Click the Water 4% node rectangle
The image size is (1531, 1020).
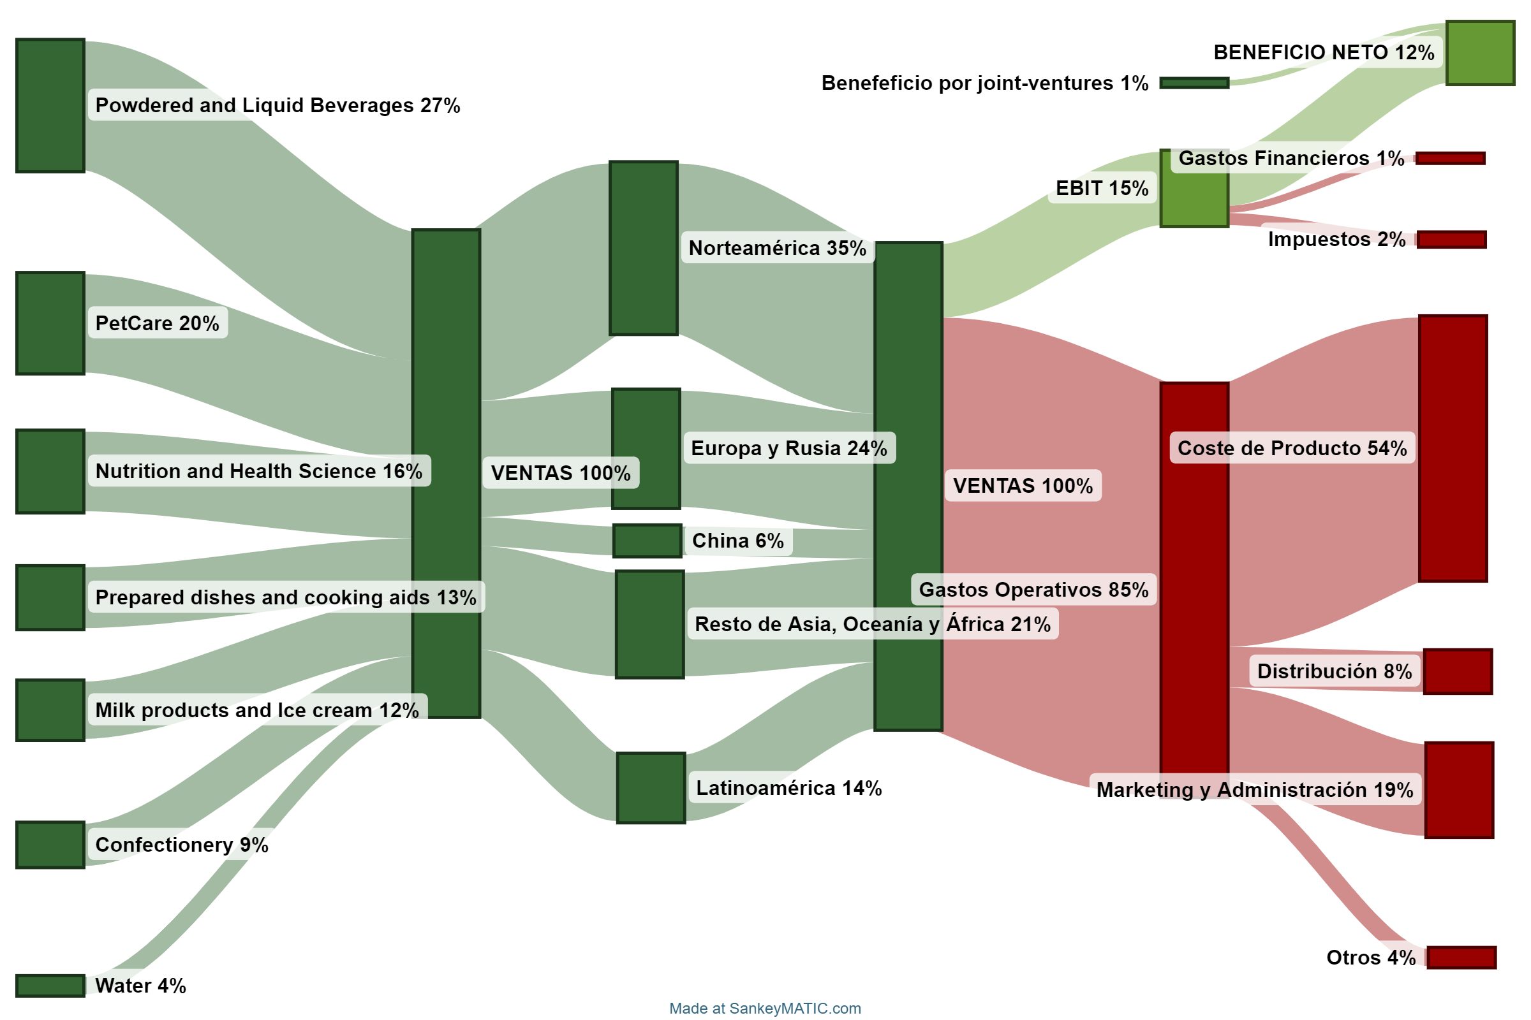(x=50, y=986)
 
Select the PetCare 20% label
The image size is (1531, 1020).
(x=157, y=323)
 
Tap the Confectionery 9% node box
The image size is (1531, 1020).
(x=50, y=844)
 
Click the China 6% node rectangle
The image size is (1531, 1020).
(x=647, y=541)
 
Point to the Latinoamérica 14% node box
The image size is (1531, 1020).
(x=651, y=788)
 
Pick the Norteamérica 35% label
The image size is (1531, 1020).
(x=777, y=248)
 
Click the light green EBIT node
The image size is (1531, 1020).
(x=1194, y=188)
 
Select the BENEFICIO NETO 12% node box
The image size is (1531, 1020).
(x=1480, y=53)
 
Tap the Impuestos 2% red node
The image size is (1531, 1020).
(x=1451, y=240)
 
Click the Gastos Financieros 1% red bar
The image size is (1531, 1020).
(x=1450, y=158)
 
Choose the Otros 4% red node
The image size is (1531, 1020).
(x=1461, y=958)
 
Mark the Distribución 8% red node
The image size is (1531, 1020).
(x=1458, y=671)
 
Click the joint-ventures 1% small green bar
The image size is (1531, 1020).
(x=1194, y=83)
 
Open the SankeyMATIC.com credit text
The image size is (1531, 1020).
(x=765, y=1009)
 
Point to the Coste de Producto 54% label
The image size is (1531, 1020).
(x=1292, y=448)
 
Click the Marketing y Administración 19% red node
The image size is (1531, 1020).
(x=1459, y=790)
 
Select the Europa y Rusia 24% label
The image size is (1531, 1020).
(x=789, y=448)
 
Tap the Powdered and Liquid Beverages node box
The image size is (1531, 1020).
(x=50, y=105)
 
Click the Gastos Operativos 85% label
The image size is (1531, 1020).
(x=1033, y=589)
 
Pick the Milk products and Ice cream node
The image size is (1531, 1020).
(x=50, y=710)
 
